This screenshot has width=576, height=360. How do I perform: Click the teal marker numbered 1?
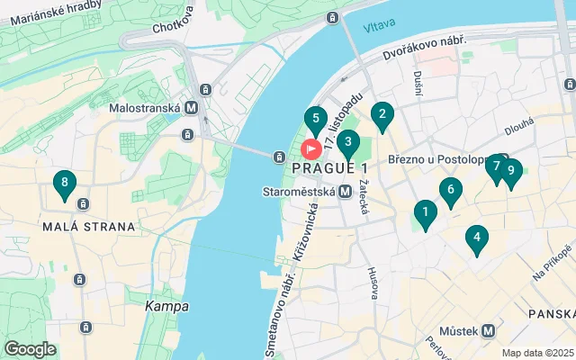[x=425, y=214]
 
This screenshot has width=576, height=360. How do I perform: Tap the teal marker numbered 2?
[x=382, y=115]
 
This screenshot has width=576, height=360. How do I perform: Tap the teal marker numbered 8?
[x=63, y=184]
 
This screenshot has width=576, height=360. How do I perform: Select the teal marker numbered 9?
[x=511, y=171]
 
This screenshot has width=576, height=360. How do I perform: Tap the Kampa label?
[x=167, y=307]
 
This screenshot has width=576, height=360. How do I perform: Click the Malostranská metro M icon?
[x=191, y=107]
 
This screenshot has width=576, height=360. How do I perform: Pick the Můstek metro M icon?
[x=488, y=330]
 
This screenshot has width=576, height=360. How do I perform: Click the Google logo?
[x=31, y=349]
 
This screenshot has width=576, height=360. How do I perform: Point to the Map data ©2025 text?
[x=537, y=353]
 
